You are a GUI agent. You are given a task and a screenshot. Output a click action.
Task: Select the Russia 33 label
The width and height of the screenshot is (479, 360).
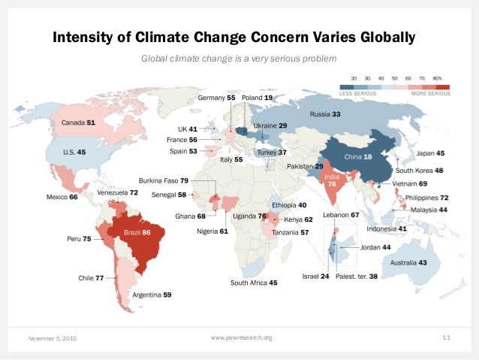pos(327,114)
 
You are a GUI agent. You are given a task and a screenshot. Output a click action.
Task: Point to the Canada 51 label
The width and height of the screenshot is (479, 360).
pos(77,121)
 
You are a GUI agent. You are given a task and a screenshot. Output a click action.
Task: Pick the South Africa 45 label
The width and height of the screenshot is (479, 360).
pos(254,283)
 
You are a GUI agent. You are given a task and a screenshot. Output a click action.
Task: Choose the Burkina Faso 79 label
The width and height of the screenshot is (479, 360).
pos(164,180)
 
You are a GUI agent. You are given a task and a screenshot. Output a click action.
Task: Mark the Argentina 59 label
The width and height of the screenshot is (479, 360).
pos(152,295)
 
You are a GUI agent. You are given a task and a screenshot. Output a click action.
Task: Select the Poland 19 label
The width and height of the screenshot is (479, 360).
pos(258,98)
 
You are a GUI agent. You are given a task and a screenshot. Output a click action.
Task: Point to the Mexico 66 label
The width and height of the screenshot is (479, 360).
pos(63,197)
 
